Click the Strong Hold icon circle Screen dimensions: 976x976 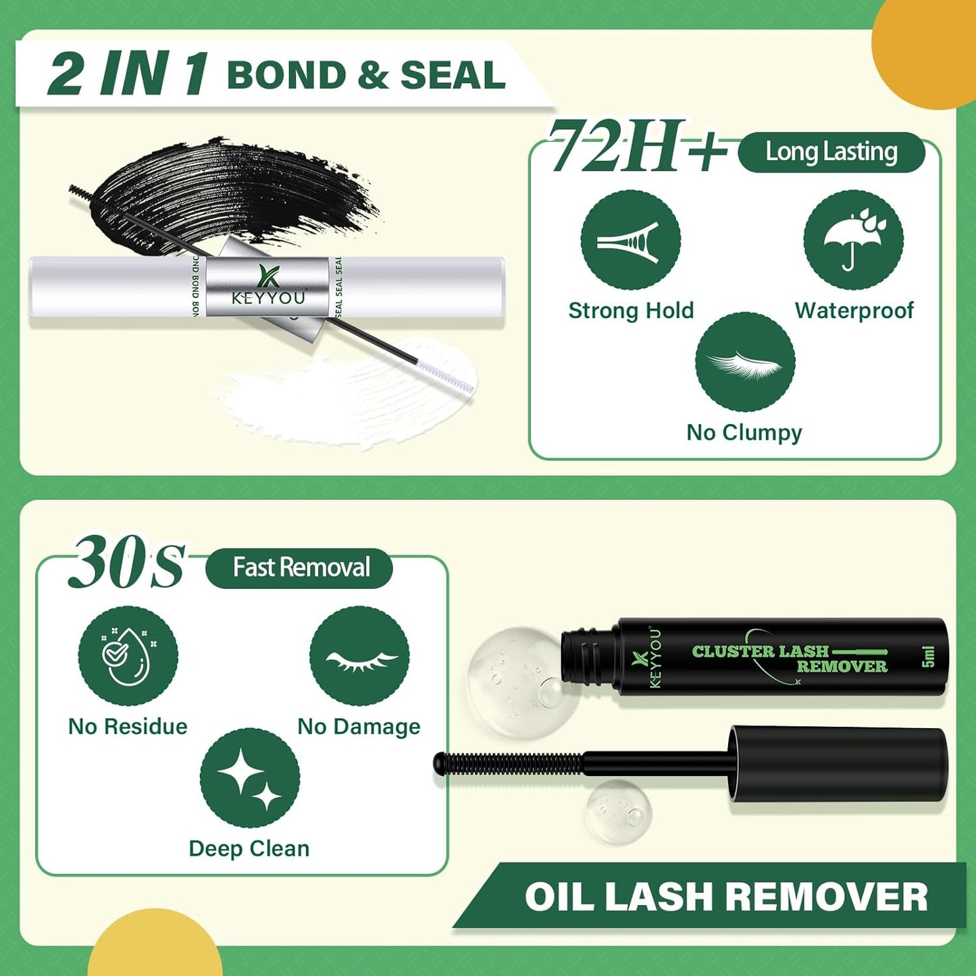(x=630, y=240)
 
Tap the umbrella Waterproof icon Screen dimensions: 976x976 (x=853, y=240)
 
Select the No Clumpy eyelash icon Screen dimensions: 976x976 (x=744, y=362)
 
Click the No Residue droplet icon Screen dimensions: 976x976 (x=128, y=656)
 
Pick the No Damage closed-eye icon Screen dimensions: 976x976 (x=359, y=656)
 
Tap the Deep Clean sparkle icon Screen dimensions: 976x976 (x=249, y=778)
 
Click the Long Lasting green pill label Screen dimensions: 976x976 (x=831, y=153)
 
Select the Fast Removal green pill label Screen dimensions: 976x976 (x=299, y=568)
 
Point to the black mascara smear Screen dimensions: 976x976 (x=236, y=192)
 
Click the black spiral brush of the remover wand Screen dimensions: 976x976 (x=507, y=763)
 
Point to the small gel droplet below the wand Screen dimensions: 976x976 (x=618, y=811)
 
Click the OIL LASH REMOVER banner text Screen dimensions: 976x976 (x=726, y=897)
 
